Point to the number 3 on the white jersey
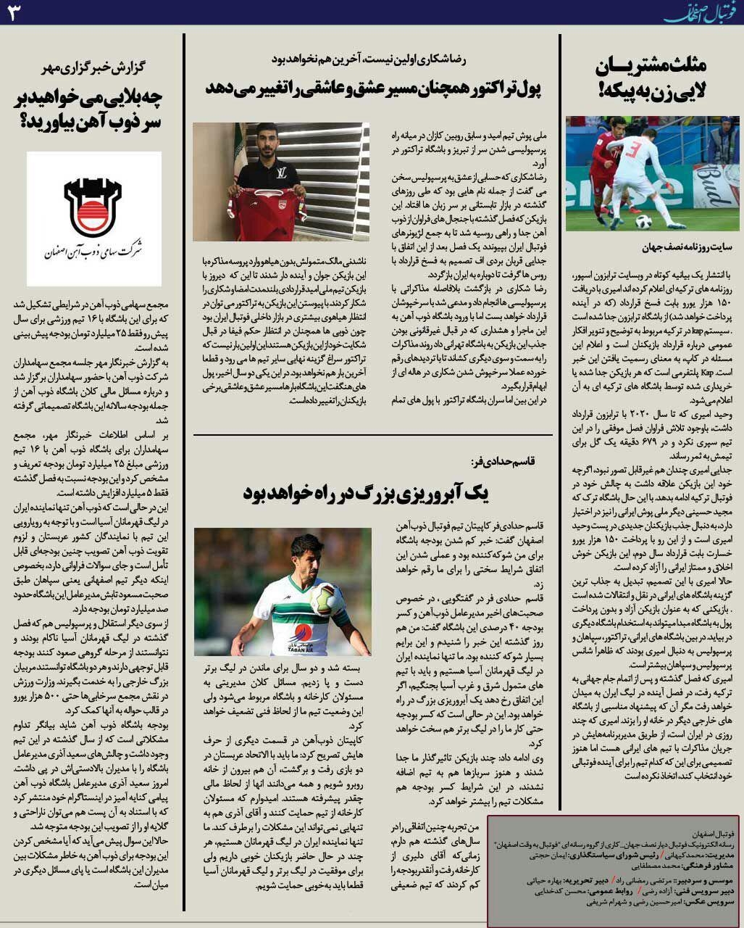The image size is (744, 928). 632,151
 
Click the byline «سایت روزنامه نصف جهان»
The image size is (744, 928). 687,247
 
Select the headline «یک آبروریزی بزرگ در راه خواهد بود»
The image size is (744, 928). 367,494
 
